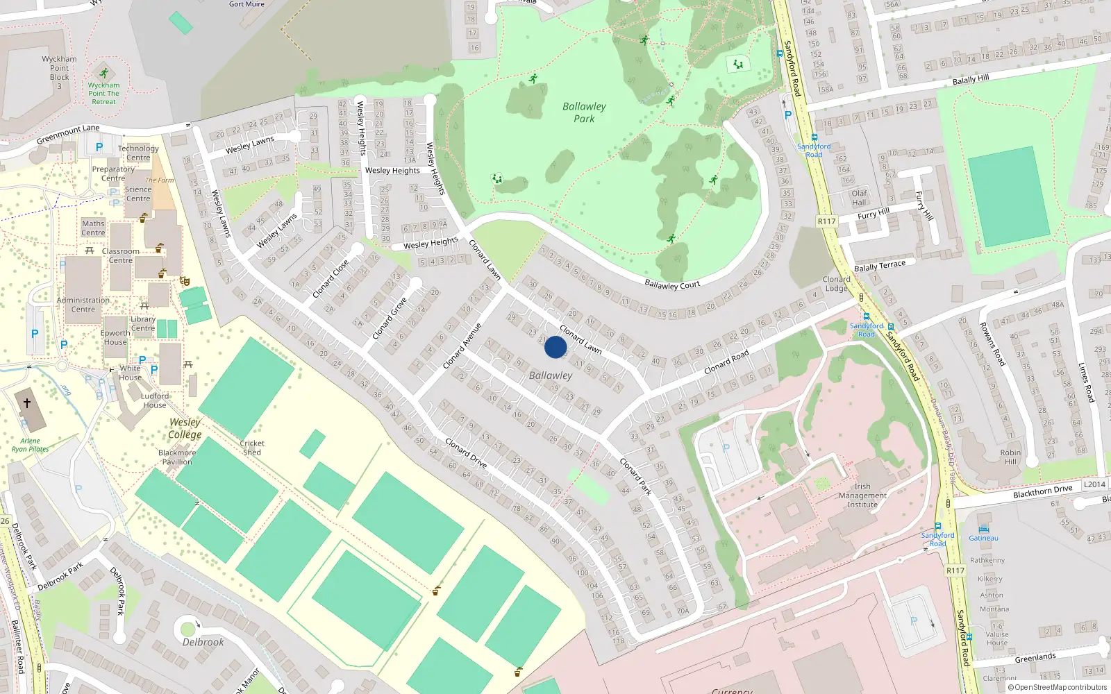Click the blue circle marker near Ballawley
(555, 347)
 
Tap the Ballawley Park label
(584, 112)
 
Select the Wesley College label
(185, 428)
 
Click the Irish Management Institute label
(862, 496)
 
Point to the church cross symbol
(27, 403)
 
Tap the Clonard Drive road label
(466, 452)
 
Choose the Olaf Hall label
(859, 198)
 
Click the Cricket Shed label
(252, 448)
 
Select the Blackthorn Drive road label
(1042, 491)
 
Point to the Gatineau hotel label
(983, 538)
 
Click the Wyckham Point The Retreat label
(103, 93)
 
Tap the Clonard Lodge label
(836, 284)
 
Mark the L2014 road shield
(1094, 484)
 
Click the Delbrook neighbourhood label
(203, 642)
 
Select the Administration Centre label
(83, 305)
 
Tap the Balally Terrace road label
(879, 266)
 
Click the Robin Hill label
(1010, 457)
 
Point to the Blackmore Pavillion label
(177, 457)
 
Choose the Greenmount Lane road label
(68, 133)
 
